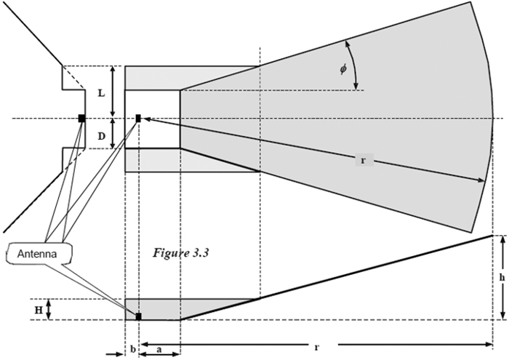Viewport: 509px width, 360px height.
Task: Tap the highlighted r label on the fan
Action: click(x=363, y=160)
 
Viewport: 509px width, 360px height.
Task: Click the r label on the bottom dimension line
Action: click(x=316, y=348)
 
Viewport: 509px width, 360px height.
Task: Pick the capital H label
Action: click(x=38, y=310)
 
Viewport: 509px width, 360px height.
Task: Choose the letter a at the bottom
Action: click(x=159, y=348)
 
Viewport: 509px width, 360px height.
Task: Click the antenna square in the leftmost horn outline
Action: click(x=82, y=118)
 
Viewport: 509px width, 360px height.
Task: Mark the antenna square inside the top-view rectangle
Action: click(x=137, y=118)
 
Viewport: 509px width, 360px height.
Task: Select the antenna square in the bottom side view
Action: click(x=137, y=316)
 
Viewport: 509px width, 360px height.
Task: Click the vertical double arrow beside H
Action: click(x=49, y=310)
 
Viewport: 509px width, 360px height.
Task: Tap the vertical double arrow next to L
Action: click(x=113, y=92)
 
